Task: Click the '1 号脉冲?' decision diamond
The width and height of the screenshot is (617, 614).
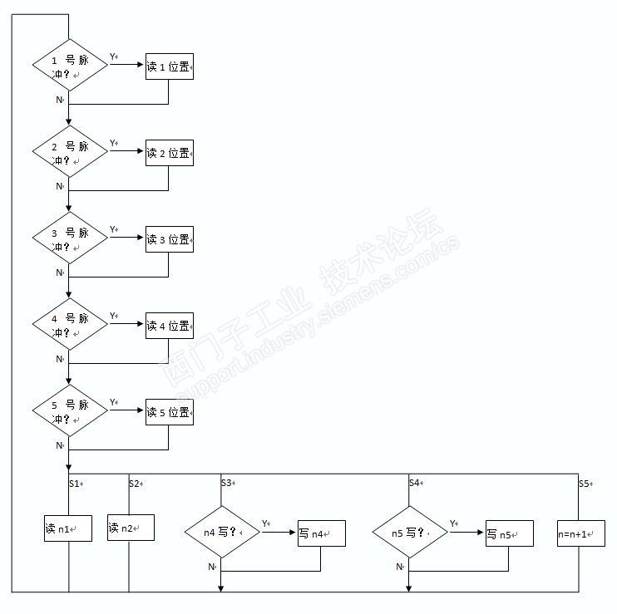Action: (70, 65)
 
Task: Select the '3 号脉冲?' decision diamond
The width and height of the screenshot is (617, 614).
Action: (70, 238)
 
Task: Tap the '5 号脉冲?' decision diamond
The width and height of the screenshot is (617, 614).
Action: (70, 410)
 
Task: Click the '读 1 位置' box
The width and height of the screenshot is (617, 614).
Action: (170, 67)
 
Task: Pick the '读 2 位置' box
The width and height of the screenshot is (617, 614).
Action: (170, 154)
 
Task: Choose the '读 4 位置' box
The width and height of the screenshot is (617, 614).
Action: (170, 326)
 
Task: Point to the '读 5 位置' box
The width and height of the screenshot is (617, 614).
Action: (170, 412)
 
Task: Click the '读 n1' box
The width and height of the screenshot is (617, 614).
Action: (67, 528)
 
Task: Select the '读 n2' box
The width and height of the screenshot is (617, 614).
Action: (131, 528)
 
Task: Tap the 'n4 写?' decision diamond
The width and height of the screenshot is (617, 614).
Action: (221, 532)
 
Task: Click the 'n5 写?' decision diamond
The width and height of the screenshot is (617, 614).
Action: (409, 532)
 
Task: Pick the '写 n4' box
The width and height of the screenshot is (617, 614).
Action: (321, 533)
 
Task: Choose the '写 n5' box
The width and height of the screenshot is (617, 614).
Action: (509, 533)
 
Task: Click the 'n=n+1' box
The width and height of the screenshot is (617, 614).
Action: (580, 533)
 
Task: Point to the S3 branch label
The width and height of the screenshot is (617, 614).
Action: (227, 483)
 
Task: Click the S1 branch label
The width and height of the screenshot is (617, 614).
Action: (75, 483)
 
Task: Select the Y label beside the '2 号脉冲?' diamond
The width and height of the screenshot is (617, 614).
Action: (114, 143)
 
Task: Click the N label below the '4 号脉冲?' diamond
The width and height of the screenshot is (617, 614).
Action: (60, 359)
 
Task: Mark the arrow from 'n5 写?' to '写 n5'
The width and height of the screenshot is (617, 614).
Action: (466, 532)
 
